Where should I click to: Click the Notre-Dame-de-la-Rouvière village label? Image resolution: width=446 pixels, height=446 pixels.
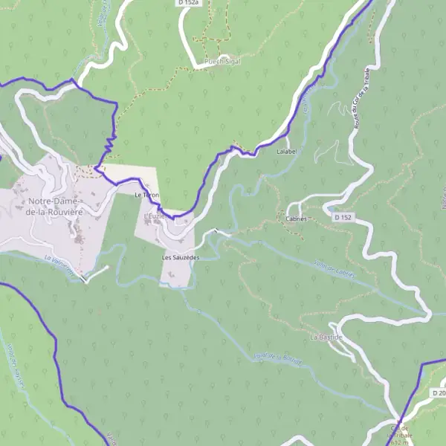click(x=56, y=206)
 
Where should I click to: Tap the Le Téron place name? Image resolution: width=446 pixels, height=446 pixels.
click(x=146, y=195)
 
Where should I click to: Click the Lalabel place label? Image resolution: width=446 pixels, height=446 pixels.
click(x=286, y=151)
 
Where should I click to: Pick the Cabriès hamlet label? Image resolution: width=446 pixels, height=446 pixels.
click(x=297, y=219)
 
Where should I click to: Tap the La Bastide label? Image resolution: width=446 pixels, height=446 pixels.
click(x=326, y=337)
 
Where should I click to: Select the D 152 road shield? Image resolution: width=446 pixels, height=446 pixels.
click(x=342, y=217)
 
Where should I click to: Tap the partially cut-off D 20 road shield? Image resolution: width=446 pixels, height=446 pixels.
click(x=438, y=392)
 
